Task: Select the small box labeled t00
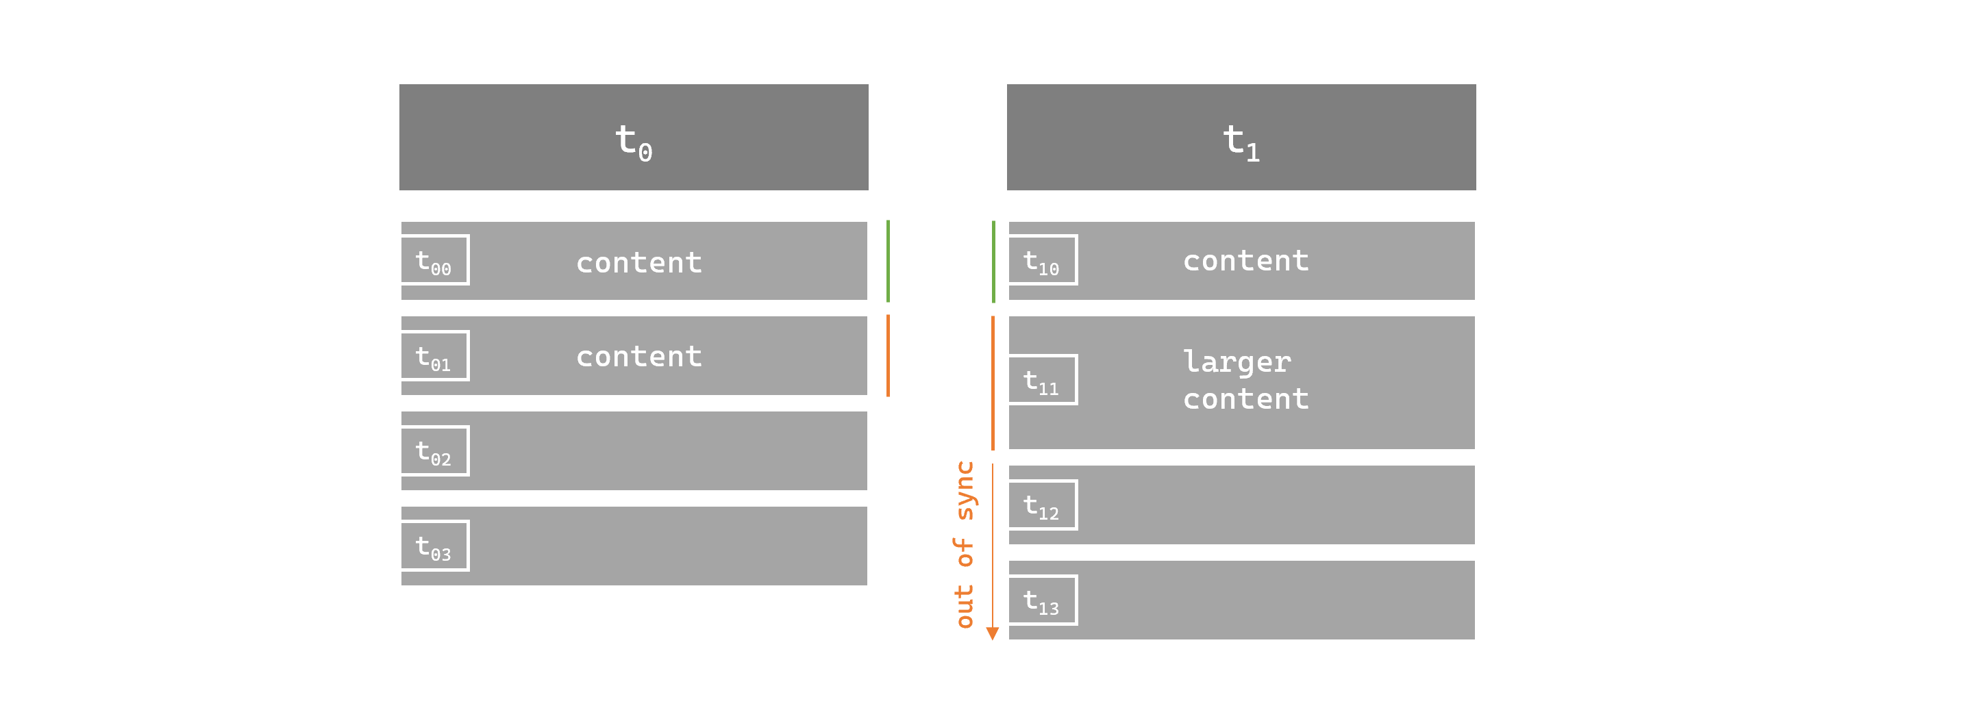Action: (435, 260)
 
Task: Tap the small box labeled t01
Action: (435, 355)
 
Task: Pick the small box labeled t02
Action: (435, 451)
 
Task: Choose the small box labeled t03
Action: (435, 546)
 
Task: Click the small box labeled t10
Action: (1042, 260)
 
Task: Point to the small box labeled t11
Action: (1042, 380)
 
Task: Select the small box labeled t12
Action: (1042, 505)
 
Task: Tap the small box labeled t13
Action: (1042, 600)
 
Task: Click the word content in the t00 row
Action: (638, 262)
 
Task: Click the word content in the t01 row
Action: (638, 356)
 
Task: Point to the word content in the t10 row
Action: (1245, 261)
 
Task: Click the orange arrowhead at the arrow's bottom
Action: (992, 633)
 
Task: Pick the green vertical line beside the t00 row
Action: (888, 261)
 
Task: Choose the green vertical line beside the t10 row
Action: (993, 261)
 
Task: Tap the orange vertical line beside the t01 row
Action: (888, 355)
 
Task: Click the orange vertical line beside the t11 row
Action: (993, 383)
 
